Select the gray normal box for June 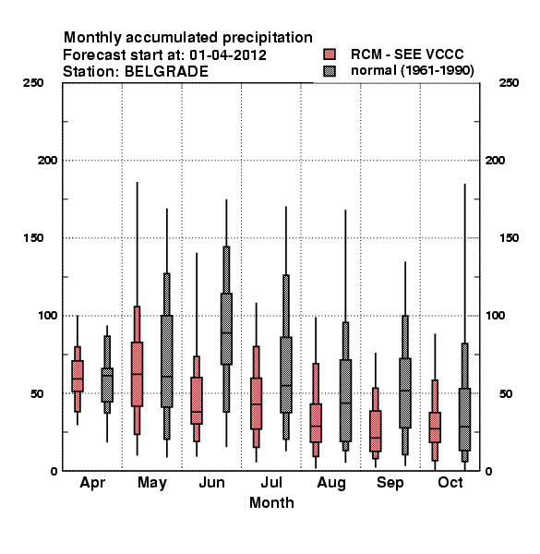[226, 329]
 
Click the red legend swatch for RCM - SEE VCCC [330, 54]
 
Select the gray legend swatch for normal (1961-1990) [330, 71]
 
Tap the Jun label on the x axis [211, 483]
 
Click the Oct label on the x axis [450, 483]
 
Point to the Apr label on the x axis [92, 483]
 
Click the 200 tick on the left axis [47, 161]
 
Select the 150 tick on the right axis [509, 238]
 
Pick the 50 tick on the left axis [37, 393]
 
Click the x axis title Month [271, 503]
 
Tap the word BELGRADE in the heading [166, 72]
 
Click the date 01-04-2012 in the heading [228, 55]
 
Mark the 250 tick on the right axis [509, 83]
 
